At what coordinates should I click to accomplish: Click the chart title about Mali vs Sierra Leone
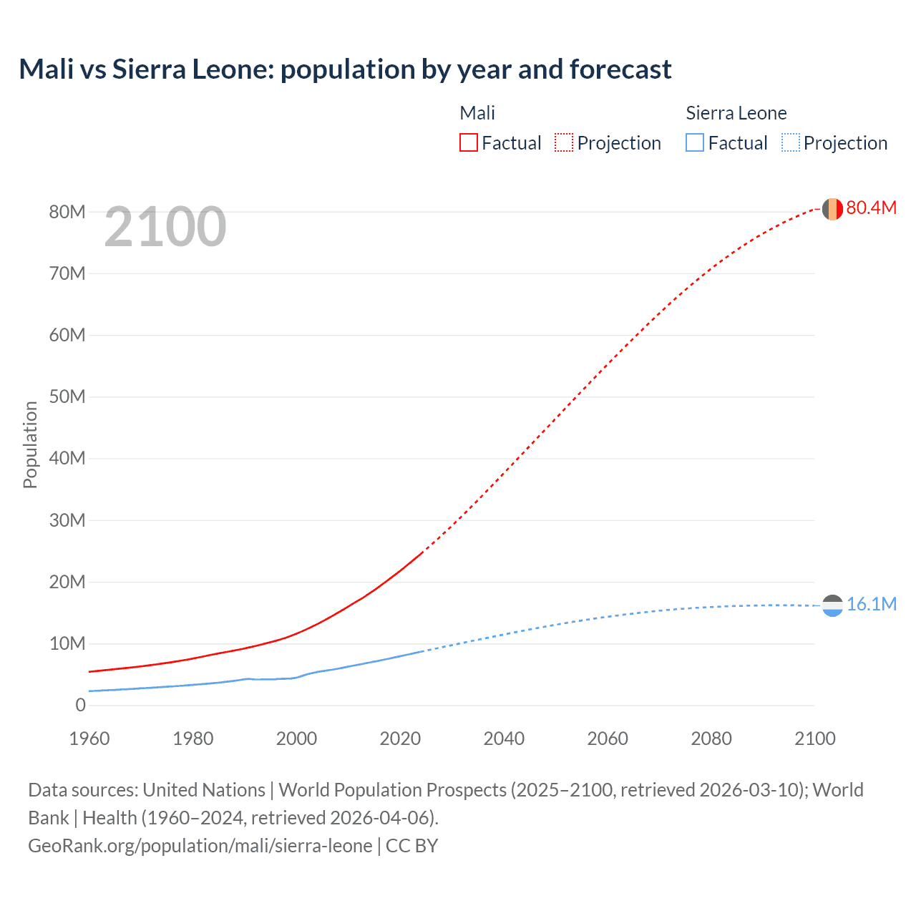tap(345, 69)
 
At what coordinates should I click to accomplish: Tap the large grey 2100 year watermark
tap(165, 227)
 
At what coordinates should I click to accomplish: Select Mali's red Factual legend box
tap(468, 142)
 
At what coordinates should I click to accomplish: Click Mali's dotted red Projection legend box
tap(564, 142)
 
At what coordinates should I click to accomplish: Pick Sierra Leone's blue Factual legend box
tap(694, 142)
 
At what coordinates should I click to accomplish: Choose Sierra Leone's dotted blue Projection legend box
tap(790, 142)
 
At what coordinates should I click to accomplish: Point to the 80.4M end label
tap(871, 208)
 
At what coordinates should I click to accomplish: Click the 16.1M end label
tap(871, 605)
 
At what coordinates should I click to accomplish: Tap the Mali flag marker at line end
tap(832, 209)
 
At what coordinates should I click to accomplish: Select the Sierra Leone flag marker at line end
tap(832, 605)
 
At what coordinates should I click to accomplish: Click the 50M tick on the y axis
tap(67, 397)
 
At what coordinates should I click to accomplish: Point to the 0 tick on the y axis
tap(80, 706)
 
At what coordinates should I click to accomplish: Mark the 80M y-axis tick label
tap(67, 212)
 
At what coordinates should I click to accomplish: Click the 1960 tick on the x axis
tap(89, 739)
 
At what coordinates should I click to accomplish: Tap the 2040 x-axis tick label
tap(504, 739)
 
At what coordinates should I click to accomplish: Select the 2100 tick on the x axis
tap(814, 739)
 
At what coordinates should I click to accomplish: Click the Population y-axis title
tap(30, 444)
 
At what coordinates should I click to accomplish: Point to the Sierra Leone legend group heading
tap(736, 113)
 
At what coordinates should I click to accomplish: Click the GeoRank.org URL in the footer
tap(200, 846)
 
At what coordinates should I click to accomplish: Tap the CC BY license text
tap(411, 846)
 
